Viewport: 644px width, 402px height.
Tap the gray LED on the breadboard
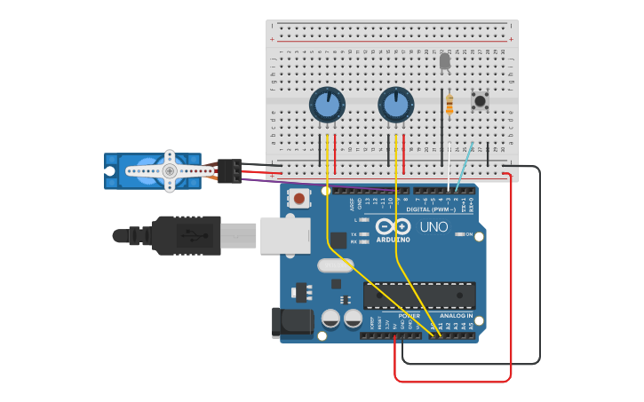(445, 61)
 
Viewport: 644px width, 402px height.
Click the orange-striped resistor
(449, 105)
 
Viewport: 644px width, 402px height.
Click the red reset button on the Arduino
(300, 199)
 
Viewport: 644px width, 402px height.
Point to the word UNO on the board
(433, 227)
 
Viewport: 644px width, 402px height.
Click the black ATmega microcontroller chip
(418, 296)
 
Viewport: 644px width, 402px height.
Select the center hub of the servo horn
(169, 170)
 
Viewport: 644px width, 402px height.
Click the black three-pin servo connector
(229, 170)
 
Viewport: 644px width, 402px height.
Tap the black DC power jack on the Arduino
(297, 321)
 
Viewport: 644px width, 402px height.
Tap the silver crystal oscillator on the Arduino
(335, 264)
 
